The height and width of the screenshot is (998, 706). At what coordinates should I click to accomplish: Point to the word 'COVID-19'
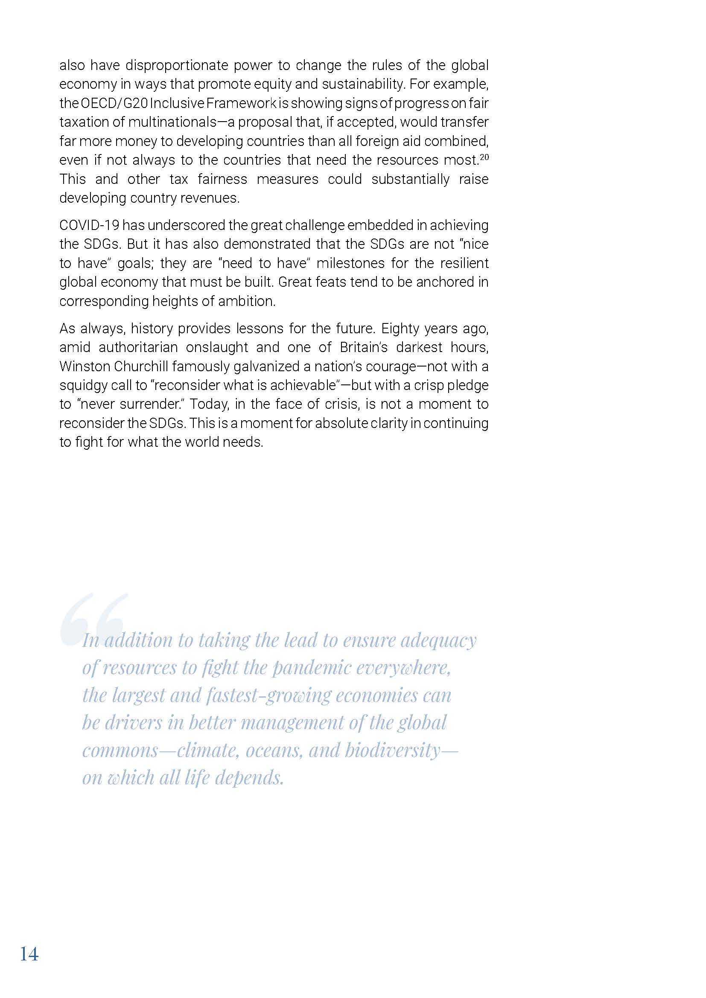[x=89, y=225]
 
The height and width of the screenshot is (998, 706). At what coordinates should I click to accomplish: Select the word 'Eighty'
[x=400, y=328]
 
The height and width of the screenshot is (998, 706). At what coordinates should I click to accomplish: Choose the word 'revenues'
[x=213, y=198]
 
